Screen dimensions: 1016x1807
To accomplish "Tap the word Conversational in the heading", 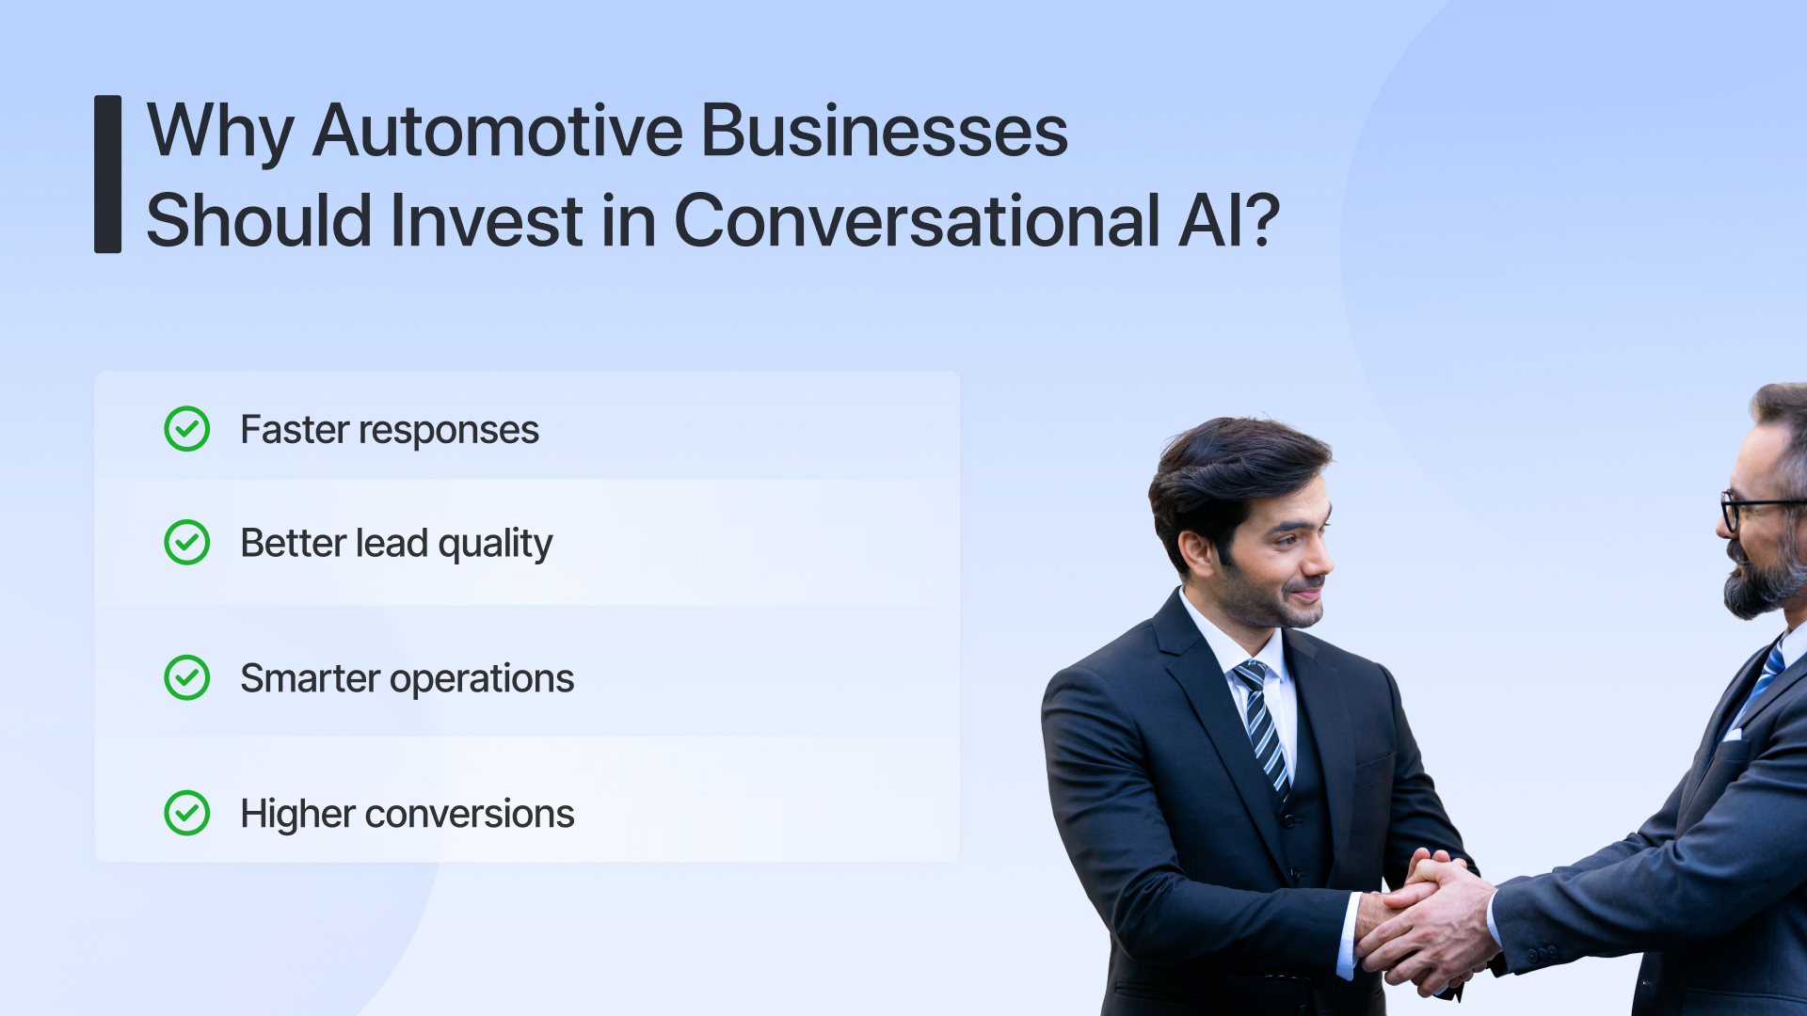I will [x=917, y=221].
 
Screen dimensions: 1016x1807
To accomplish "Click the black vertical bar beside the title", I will [x=107, y=174].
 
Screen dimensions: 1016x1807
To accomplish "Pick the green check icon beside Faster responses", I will [x=187, y=429].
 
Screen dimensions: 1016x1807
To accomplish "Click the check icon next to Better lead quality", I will [x=187, y=543].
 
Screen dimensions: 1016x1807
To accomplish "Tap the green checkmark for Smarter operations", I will [x=187, y=678].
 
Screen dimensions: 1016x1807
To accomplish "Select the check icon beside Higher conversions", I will [x=187, y=814].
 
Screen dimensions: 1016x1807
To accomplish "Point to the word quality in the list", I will [x=495, y=545].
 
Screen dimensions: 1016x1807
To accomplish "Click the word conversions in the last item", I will [x=469, y=815].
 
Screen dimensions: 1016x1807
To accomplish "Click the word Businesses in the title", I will [x=884, y=131].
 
